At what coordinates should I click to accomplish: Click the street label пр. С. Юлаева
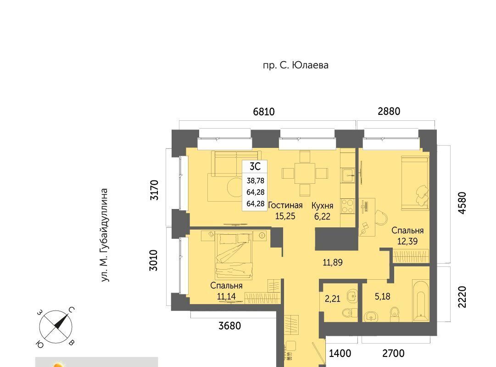295,66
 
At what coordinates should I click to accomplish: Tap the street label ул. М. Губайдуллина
105,235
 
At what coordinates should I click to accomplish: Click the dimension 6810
264,112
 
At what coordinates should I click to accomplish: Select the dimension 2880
389,112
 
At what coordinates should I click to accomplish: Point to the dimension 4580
462,203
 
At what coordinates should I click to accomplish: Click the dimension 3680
230,326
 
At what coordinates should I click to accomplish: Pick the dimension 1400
340,353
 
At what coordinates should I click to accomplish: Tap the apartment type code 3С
255,167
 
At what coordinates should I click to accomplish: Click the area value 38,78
255,181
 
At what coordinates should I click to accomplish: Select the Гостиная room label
285,205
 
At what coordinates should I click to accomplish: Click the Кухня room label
322,206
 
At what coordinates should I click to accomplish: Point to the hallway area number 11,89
333,263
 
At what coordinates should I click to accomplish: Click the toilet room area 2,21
333,299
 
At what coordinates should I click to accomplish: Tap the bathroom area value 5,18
383,297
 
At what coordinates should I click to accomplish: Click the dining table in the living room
305,173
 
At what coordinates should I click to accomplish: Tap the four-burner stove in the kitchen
347,206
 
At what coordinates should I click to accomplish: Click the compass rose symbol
56,327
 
